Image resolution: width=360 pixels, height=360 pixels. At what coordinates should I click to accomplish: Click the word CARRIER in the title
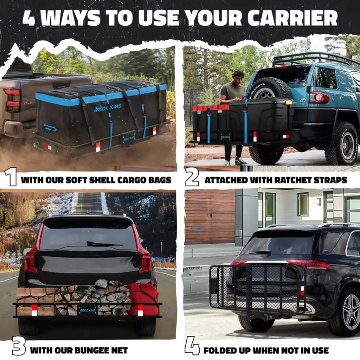coord(292,18)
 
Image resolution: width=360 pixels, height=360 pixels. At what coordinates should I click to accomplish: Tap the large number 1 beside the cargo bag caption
coord(11,176)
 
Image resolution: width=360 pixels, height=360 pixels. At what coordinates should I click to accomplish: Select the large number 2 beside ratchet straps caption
coord(192,176)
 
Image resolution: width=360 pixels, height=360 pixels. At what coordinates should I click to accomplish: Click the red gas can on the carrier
coord(142,299)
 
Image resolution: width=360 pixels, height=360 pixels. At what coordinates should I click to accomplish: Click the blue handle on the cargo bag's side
coord(49,128)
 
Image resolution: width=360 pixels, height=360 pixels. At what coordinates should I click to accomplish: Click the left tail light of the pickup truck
coord(12,100)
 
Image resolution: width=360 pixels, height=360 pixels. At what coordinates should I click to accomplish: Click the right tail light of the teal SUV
coord(319,98)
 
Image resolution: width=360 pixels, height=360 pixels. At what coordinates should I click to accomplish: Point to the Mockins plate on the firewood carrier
coord(88,310)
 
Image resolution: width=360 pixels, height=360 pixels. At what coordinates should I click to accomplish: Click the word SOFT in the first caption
coord(76,180)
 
